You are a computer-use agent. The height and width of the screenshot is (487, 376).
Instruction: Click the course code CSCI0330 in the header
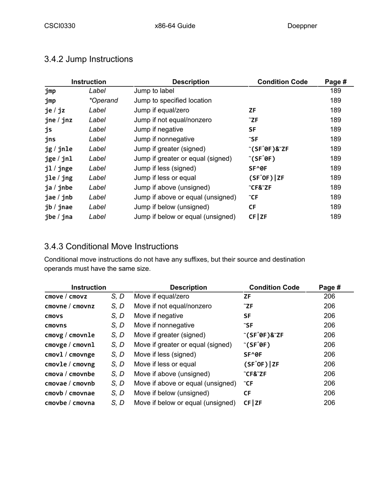[x=60, y=26]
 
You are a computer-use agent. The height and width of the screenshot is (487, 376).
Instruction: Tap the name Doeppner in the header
[x=302, y=26]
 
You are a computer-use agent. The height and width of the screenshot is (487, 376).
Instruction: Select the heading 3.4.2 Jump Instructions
[x=89, y=59]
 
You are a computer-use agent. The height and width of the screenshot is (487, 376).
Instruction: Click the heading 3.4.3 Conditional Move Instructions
[x=111, y=247]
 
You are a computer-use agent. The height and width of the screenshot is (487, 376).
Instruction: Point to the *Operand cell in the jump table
[x=103, y=101]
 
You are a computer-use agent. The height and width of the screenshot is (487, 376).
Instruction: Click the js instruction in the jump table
[x=48, y=129]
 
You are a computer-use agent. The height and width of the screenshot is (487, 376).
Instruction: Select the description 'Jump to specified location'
[x=173, y=101]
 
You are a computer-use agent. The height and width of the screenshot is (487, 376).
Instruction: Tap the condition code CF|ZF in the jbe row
[x=258, y=217]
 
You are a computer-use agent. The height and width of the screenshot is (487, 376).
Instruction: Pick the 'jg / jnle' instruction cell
[x=59, y=149]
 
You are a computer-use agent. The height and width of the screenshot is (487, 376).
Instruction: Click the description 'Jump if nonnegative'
[x=164, y=139]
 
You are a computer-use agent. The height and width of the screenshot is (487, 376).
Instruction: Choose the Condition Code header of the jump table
[x=282, y=82]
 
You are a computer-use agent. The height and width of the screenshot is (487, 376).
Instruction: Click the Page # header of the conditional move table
[x=330, y=287]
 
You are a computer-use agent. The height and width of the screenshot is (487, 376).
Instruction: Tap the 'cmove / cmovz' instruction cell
[x=66, y=297]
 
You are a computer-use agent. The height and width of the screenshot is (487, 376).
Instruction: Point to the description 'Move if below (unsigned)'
[x=172, y=393]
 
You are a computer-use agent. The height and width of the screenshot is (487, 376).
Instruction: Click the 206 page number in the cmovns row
[x=329, y=325]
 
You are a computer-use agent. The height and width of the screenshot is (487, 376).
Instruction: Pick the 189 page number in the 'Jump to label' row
[x=335, y=91]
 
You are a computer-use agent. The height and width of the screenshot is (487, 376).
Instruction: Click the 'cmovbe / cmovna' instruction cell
[x=70, y=403]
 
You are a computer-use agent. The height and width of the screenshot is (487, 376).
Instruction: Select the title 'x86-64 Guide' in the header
[x=175, y=26]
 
